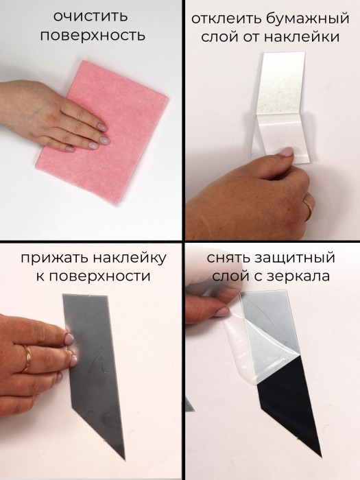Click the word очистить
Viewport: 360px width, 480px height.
pos(90,17)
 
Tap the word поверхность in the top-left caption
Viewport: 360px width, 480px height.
pos(93,36)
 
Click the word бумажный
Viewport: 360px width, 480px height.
pos(307,19)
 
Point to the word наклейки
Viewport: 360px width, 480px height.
pos(302,37)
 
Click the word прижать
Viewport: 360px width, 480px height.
pos(54,258)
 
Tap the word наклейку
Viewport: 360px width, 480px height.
pos(130,258)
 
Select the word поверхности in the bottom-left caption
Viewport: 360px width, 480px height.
pos(99,276)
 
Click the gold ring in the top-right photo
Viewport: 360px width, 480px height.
pos(309,208)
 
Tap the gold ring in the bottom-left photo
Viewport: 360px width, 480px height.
pos(26,359)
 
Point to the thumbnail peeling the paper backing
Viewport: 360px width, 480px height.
pos(286,152)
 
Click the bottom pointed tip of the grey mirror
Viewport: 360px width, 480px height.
pos(125,459)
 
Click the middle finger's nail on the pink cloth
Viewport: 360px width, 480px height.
pos(104,141)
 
